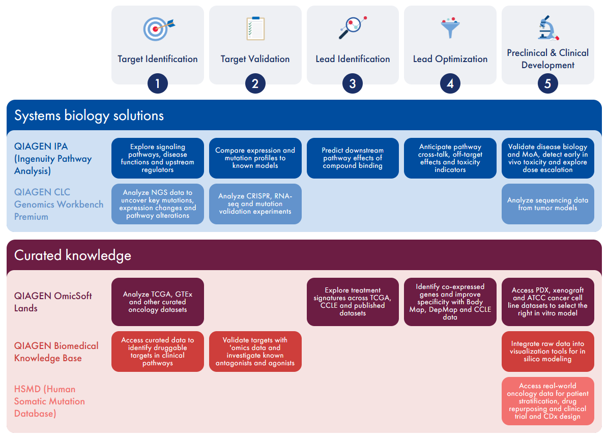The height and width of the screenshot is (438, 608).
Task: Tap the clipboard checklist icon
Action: (x=255, y=28)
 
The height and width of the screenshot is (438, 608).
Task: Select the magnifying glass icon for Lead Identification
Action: (x=353, y=27)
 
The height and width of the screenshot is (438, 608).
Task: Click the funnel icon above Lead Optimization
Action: (x=450, y=27)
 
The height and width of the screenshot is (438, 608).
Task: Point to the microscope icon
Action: (x=547, y=27)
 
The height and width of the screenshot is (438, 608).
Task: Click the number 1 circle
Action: (x=157, y=83)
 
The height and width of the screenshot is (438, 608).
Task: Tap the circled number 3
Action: (x=353, y=83)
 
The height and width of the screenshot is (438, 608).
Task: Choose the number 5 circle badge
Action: (x=547, y=83)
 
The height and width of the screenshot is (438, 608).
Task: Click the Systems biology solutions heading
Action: (x=89, y=115)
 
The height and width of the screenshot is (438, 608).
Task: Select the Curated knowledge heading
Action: (x=73, y=255)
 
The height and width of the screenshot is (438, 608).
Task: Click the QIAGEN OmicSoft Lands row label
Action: (x=53, y=302)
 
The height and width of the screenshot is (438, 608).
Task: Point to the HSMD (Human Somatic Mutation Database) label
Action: (x=49, y=401)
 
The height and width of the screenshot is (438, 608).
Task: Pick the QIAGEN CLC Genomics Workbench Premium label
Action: (x=59, y=205)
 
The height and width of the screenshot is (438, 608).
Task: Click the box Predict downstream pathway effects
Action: (x=353, y=158)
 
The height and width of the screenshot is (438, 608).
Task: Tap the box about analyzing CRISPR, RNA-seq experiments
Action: (x=255, y=204)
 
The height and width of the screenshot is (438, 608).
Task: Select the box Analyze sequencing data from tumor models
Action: (x=547, y=204)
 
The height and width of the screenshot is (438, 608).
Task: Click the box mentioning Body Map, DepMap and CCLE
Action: (x=450, y=302)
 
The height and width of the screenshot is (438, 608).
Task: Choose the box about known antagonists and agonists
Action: (x=255, y=352)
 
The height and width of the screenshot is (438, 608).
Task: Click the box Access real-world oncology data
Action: (x=547, y=401)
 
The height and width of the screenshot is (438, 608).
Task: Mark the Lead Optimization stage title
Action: (x=450, y=59)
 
